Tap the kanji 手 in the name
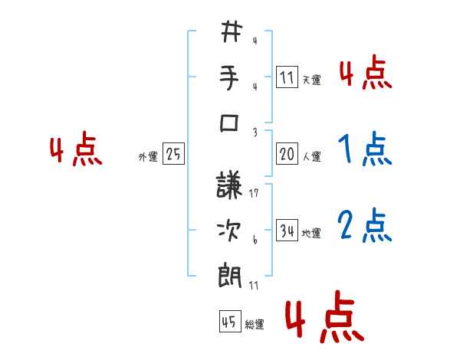click(x=232, y=78)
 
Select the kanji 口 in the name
click(x=232, y=123)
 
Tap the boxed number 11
click(x=287, y=77)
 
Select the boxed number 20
click(x=287, y=154)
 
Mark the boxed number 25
click(x=173, y=155)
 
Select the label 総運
click(x=255, y=325)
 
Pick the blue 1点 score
click(x=365, y=149)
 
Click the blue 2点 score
click(x=365, y=225)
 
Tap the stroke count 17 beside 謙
click(x=255, y=194)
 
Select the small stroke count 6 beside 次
click(x=255, y=239)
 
